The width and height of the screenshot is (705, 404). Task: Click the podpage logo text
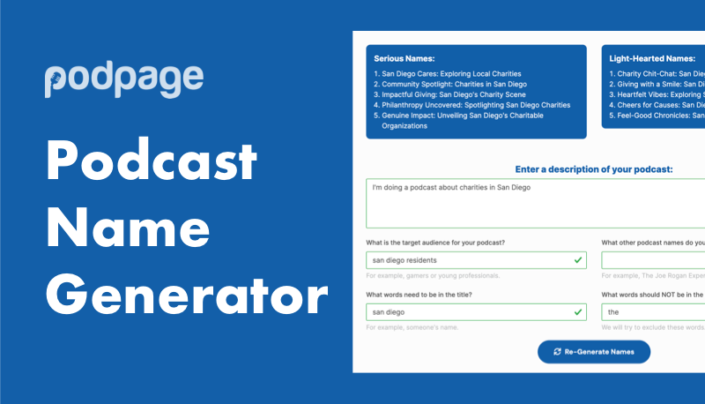coord(124,79)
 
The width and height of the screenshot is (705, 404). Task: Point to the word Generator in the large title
coord(187,296)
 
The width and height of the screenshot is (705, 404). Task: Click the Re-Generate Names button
coord(593,351)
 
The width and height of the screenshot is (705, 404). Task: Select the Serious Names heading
coord(405,59)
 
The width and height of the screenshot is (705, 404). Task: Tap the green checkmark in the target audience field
coord(577,260)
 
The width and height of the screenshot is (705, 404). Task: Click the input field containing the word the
coord(652,312)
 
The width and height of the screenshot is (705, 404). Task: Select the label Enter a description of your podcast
coord(593,169)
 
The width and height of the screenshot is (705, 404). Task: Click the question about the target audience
coord(442,243)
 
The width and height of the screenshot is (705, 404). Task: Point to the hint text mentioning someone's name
coord(412,327)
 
